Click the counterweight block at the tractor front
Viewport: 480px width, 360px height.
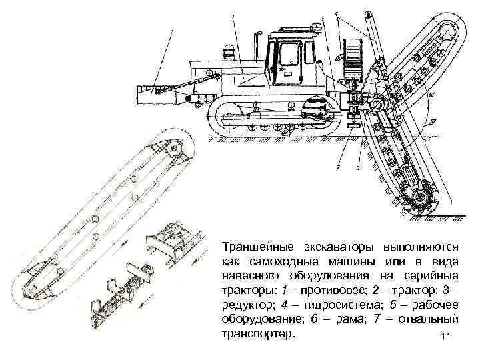click(x=156, y=94)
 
